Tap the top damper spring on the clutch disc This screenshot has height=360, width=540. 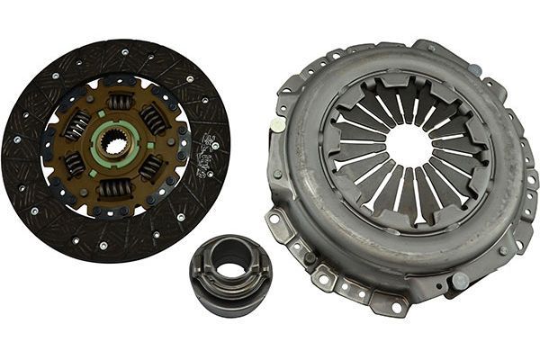pyautogui.click(x=121, y=102)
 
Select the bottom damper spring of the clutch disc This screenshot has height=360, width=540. pyautogui.click(x=114, y=188)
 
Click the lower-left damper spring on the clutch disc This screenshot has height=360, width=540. pyautogui.click(x=75, y=165)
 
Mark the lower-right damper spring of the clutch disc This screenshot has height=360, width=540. pyautogui.click(x=151, y=166)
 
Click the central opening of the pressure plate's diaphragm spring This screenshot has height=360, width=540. pyautogui.click(x=409, y=145)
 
